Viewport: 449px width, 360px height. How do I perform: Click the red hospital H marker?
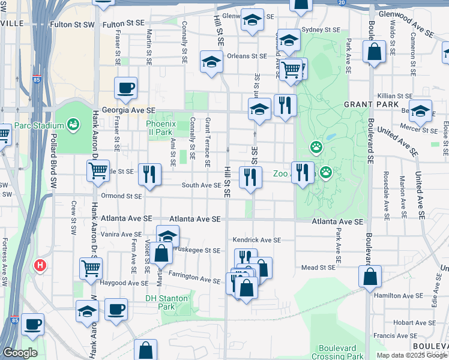[40, 265]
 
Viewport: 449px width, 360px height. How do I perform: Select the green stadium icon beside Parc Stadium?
[73, 125]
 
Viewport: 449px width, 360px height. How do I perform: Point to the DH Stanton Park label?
[167, 302]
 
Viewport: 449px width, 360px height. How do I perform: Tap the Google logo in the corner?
[20, 353]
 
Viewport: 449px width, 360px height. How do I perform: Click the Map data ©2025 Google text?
[412, 355]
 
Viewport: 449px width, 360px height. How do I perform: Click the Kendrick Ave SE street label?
[256, 239]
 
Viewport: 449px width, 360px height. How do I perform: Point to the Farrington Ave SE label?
[194, 280]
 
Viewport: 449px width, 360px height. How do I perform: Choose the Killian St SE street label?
[393, 96]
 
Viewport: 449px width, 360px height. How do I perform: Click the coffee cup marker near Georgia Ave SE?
[126, 88]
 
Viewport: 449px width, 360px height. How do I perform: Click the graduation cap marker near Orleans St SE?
[211, 62]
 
